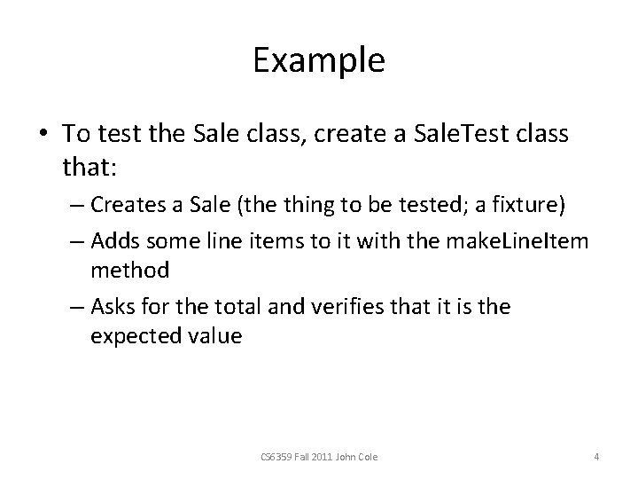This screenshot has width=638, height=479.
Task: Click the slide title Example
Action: click(x=318, y=61)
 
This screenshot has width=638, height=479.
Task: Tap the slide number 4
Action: click(x=596, y=457)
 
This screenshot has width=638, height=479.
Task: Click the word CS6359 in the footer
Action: click(x=273, y=457)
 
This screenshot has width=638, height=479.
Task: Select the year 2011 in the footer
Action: click(x=323, y=457)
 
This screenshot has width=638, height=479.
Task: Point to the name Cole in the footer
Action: click(x=366, y=457)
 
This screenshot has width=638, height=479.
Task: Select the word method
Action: click(x=129, y=270)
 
